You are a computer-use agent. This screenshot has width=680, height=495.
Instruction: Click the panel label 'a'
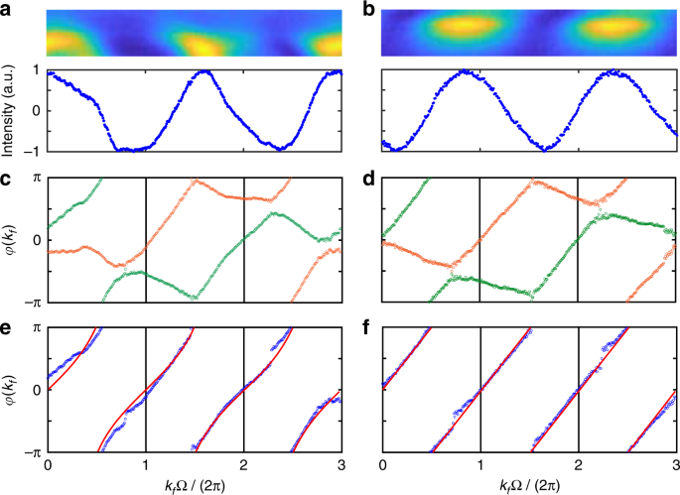8,10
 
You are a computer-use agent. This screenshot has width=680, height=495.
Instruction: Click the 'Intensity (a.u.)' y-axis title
9,110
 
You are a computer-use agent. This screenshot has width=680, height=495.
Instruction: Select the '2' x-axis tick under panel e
244,465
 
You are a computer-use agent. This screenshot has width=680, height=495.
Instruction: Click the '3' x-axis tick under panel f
675,465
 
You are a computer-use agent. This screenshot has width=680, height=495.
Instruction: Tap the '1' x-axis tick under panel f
480,465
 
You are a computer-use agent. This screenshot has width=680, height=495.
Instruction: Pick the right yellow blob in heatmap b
607,25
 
